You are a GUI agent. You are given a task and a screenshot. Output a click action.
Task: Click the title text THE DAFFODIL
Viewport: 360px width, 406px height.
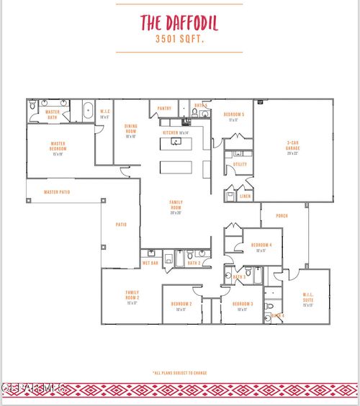pos(179,23)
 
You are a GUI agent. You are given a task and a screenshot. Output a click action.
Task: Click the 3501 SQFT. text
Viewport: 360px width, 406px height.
pos(179,40)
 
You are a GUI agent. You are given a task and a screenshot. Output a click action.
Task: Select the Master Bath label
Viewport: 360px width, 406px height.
pos(53,114)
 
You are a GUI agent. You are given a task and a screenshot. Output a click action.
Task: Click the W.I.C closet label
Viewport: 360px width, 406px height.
pos(105,113)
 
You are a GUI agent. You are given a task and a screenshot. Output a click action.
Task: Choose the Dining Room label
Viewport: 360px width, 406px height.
pos(131,131)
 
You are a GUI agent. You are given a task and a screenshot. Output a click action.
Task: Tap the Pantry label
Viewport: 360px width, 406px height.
pos(165,109)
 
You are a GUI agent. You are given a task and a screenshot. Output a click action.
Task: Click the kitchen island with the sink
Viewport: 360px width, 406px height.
pos(176,143)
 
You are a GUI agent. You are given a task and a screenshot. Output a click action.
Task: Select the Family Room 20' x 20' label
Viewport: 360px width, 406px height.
pos(176,207)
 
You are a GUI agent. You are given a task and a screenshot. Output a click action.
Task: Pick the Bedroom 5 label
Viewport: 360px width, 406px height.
pos(233,117)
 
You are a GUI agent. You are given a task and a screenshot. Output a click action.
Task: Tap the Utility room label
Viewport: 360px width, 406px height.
pos(240,164)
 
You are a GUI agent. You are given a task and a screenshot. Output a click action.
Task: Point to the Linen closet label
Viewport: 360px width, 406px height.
pos(246,196)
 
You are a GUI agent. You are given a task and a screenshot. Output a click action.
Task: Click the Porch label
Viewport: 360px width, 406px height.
pos(282,215)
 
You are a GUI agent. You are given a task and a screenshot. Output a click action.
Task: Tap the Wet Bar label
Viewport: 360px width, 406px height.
pos(150,263)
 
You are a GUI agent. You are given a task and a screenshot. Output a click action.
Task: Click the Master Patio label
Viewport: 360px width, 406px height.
pos(57,192)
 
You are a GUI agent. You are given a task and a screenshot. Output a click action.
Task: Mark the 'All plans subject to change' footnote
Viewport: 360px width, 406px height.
pos(179,373)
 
